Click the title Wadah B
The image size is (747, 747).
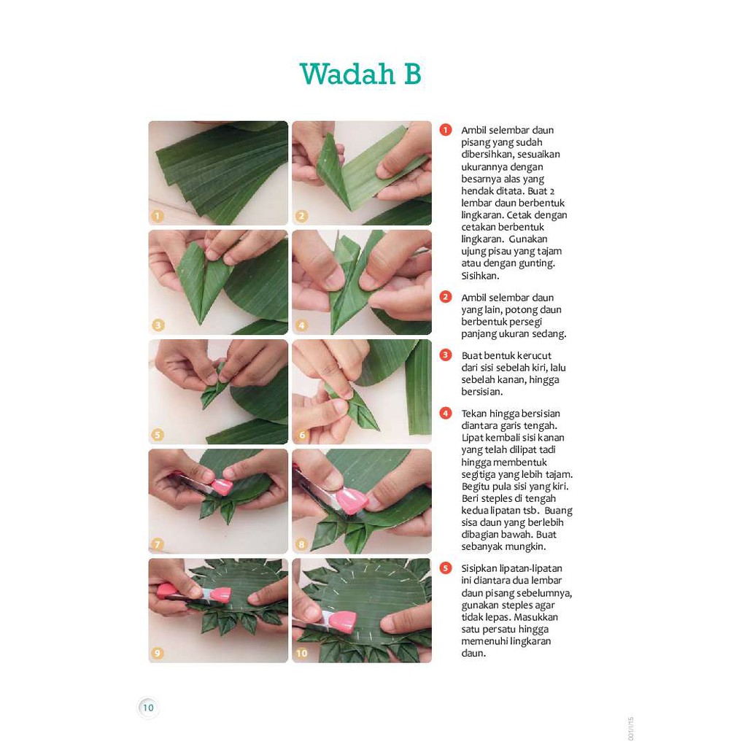pos(360,74)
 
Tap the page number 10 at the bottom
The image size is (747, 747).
pos(148,708)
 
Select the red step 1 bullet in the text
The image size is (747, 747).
pos(446,130)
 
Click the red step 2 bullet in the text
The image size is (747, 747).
pos(446,298)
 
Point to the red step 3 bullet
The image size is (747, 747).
pos(446,355)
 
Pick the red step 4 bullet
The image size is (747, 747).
pos(446,413)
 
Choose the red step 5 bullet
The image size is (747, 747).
pos(446,568)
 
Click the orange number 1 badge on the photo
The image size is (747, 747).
pos(158,216)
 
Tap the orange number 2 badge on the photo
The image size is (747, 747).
pos(301,216)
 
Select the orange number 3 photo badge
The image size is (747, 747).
pos(158,325)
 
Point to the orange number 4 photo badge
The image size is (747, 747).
pos(301,325)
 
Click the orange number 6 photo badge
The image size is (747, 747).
pos(301,435)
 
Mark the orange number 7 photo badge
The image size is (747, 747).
pos(158,544)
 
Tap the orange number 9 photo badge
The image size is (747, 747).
pos(158,653)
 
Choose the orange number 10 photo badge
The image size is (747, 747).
pos(301,653)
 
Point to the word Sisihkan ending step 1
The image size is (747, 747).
pos(480,275)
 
